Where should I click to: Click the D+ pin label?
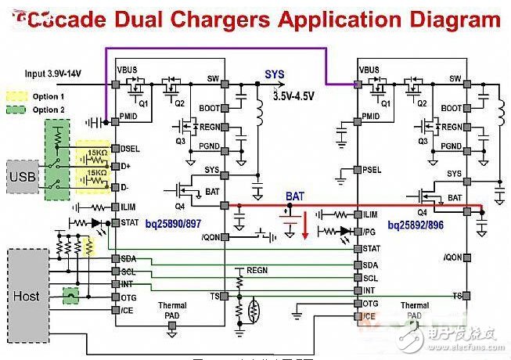126,167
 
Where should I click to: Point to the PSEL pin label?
373,169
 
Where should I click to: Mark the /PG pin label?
370,232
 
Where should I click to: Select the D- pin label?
126,186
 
